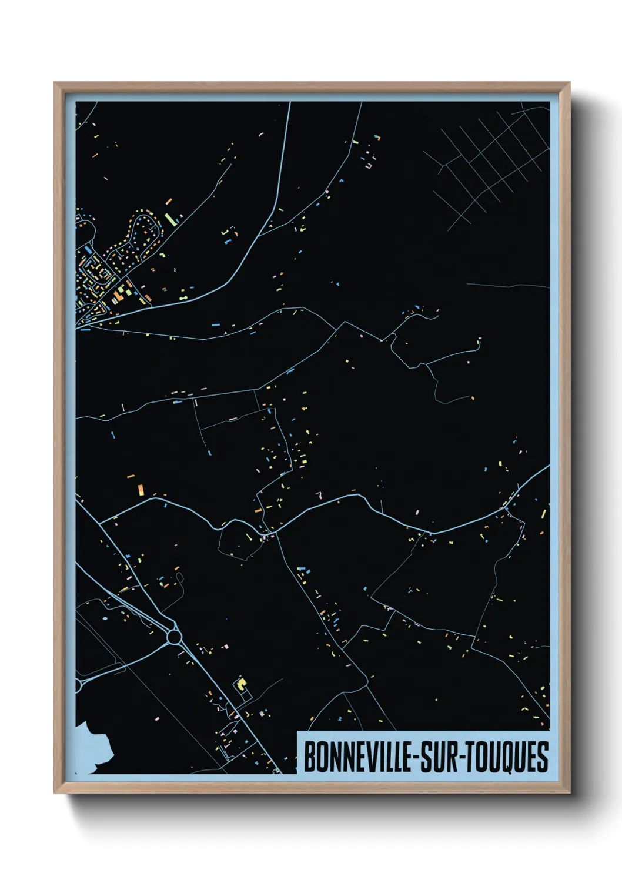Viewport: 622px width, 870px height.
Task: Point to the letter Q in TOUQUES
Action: [x=509, y=758]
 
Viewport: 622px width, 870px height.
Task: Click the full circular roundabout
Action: [x=174, y=636]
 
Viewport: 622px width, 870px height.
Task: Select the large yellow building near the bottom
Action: [x=240, y=684]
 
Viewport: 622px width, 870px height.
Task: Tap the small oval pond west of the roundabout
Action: [x=105, y=618]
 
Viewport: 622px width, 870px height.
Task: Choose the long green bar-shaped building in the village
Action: [x=170, y=219]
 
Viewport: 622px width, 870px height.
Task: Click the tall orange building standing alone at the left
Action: [x=141, y=489]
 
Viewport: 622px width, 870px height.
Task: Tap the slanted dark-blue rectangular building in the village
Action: [x=89, y=250]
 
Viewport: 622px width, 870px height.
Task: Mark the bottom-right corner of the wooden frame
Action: [x=569, y=792]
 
